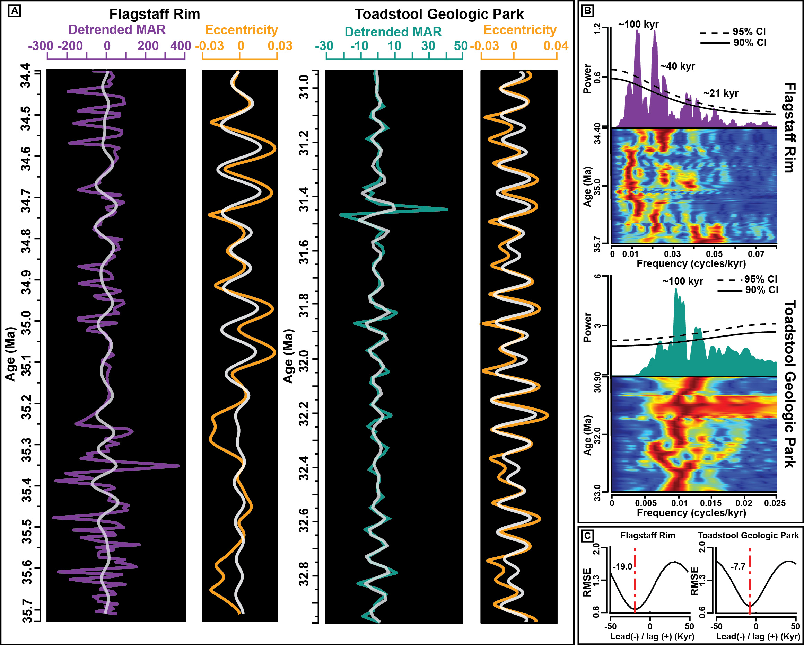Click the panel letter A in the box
(x=14, y=11)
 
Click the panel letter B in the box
(x=587, y=10)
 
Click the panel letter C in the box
(x=587, y=536)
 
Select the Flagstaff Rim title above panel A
(x=154, y=14)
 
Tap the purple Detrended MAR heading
(x=117, y=29)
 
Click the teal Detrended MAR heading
(x=393, y=32)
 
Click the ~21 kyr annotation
(x=720, y=93)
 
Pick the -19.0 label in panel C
(x=622, y=567)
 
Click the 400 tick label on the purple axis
(x=181, y=46)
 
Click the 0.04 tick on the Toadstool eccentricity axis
(x=556, y=46)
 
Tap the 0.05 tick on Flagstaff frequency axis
(x=714, y=254)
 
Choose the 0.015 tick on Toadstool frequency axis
(x=711, y=503)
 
